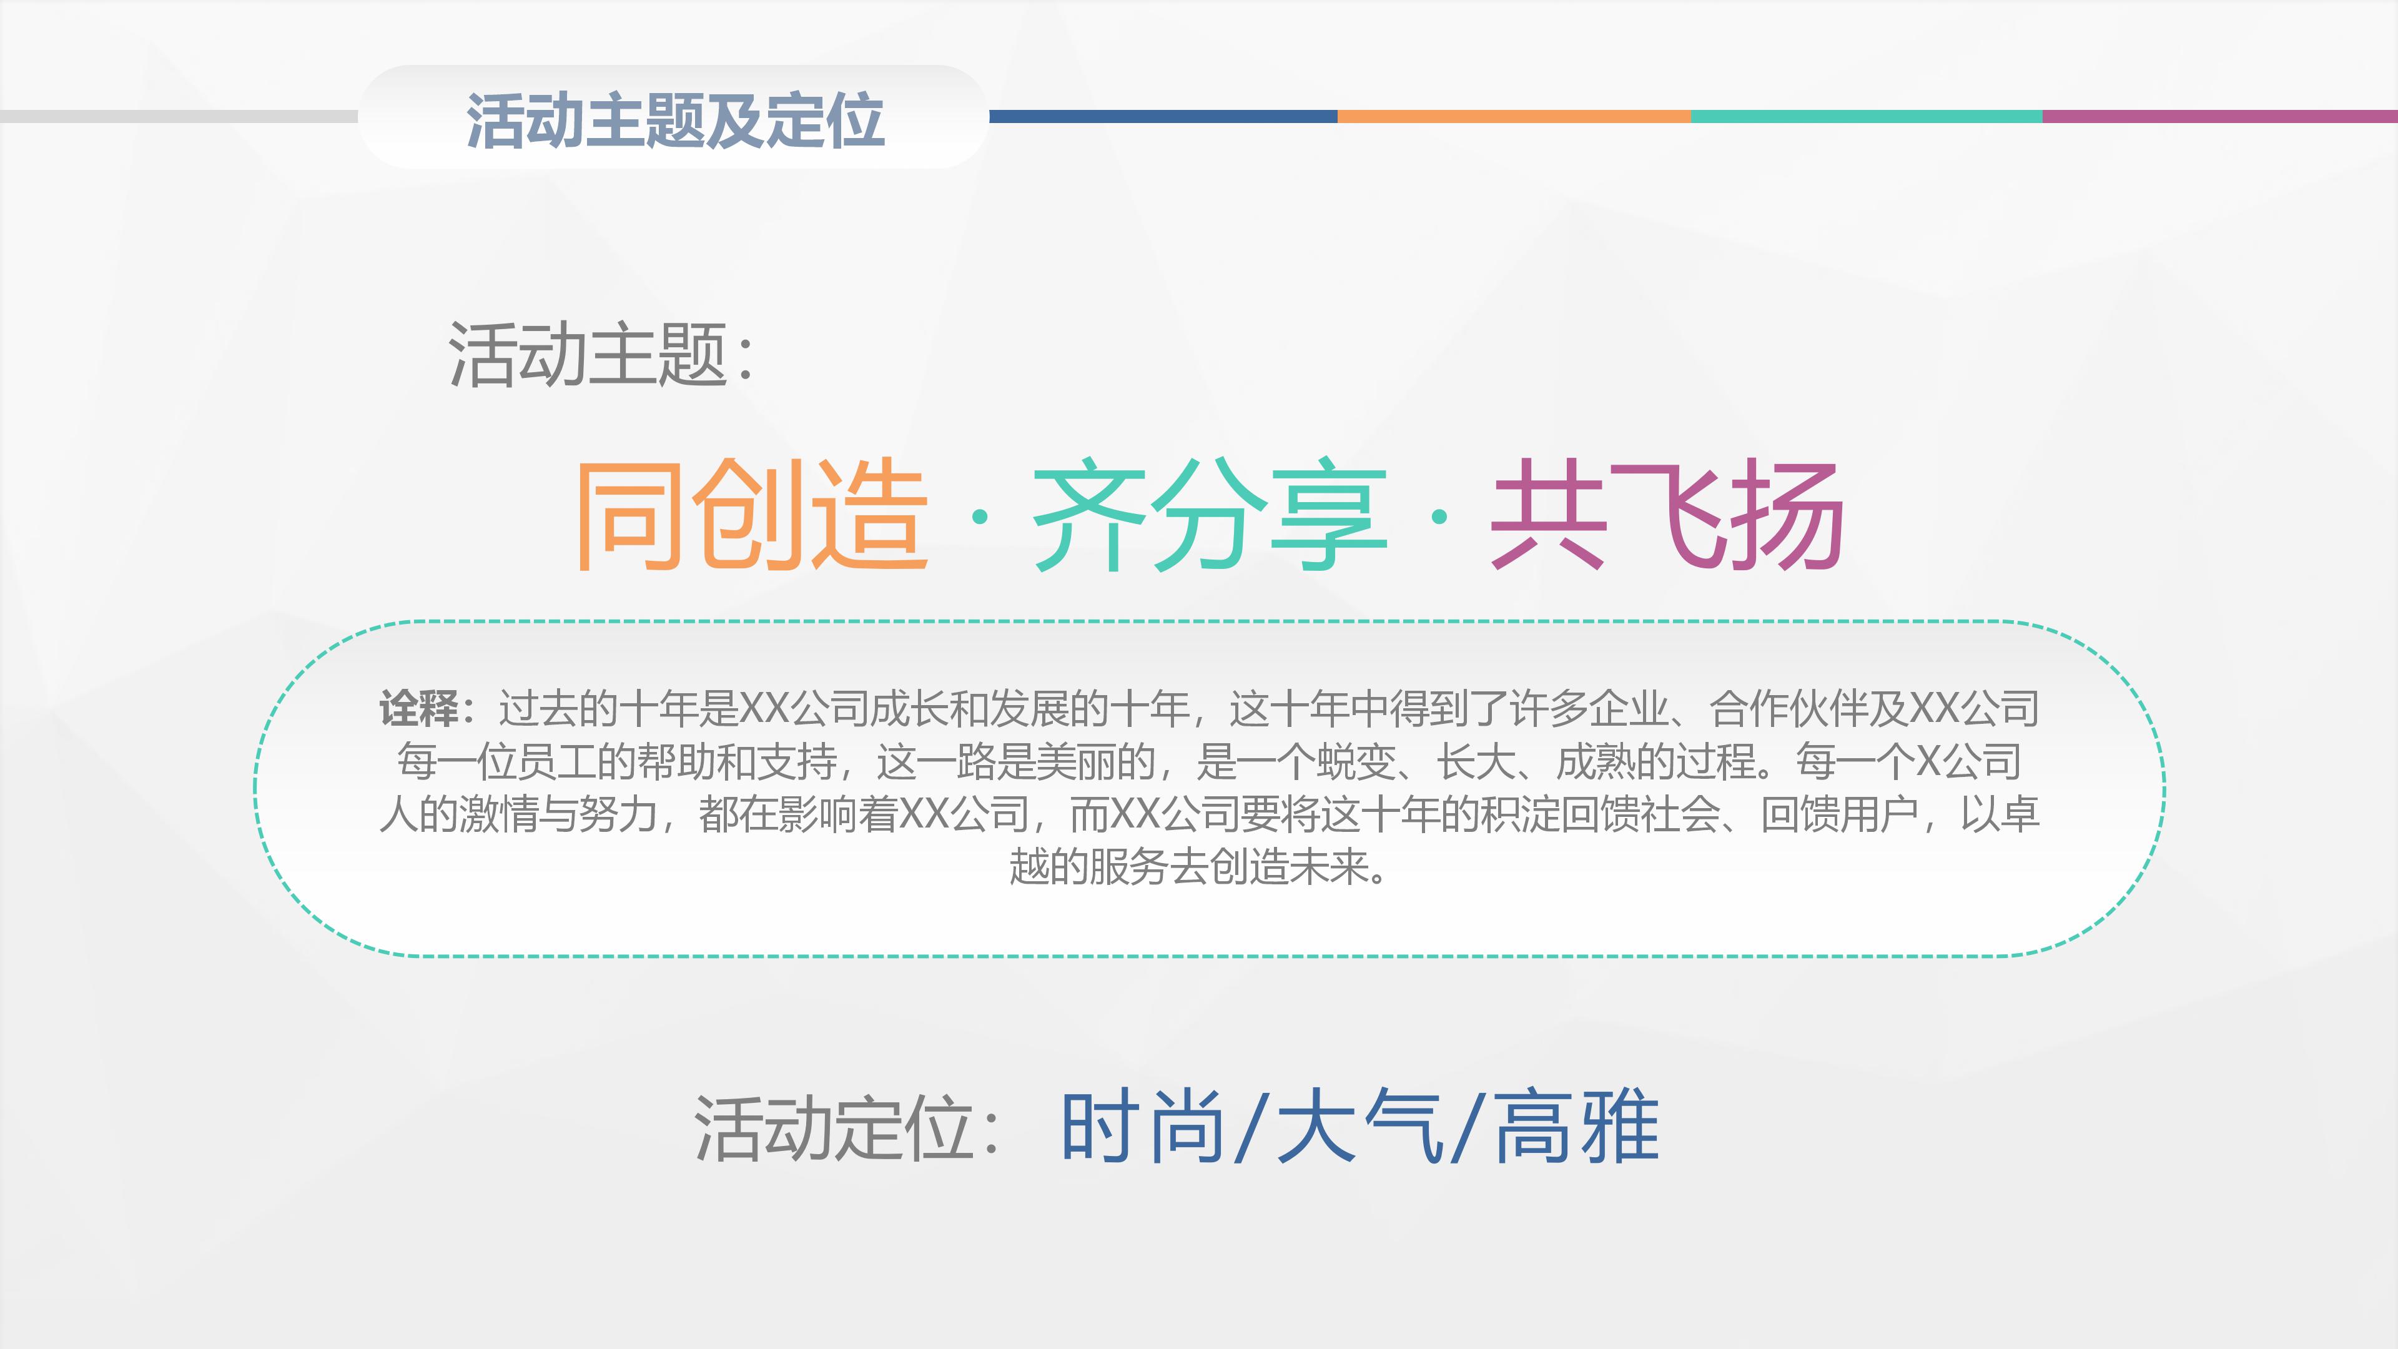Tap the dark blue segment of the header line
point(1163,116)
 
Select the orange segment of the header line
point(1514,116)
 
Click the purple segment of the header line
point(2219,116)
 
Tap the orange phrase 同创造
point(752,514)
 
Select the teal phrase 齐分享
point(1210,514)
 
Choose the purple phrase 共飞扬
point(1666,514)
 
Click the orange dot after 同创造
point(979,516)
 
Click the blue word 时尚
point(1143,1127)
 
